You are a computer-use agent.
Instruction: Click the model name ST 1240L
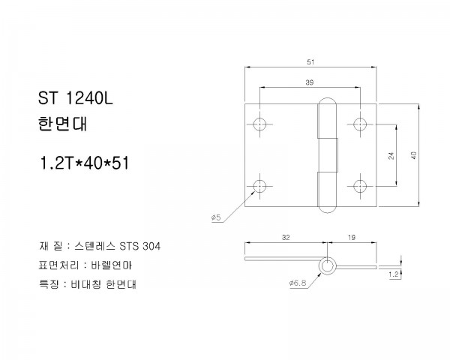76,98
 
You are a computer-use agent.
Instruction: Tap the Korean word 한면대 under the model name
62,124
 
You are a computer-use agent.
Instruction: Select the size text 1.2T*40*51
84,163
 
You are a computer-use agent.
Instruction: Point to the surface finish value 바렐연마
111,265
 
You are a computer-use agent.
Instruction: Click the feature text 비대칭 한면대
103,284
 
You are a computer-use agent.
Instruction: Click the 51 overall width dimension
310,62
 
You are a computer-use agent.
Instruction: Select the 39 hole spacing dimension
309,82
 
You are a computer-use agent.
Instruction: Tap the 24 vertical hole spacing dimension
391,155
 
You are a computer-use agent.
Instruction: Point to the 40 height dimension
413,155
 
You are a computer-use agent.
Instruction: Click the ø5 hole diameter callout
216,217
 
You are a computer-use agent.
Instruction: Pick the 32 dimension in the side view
286,238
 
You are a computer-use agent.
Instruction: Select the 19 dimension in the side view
352,238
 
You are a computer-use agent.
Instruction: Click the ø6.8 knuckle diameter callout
298,283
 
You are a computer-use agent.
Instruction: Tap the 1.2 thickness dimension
394,274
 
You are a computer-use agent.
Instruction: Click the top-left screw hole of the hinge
259,124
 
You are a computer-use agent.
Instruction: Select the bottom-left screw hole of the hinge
259,186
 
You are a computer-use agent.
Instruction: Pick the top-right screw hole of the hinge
360,124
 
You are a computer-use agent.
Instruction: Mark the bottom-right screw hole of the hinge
360,186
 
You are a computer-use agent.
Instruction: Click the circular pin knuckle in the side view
327,265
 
